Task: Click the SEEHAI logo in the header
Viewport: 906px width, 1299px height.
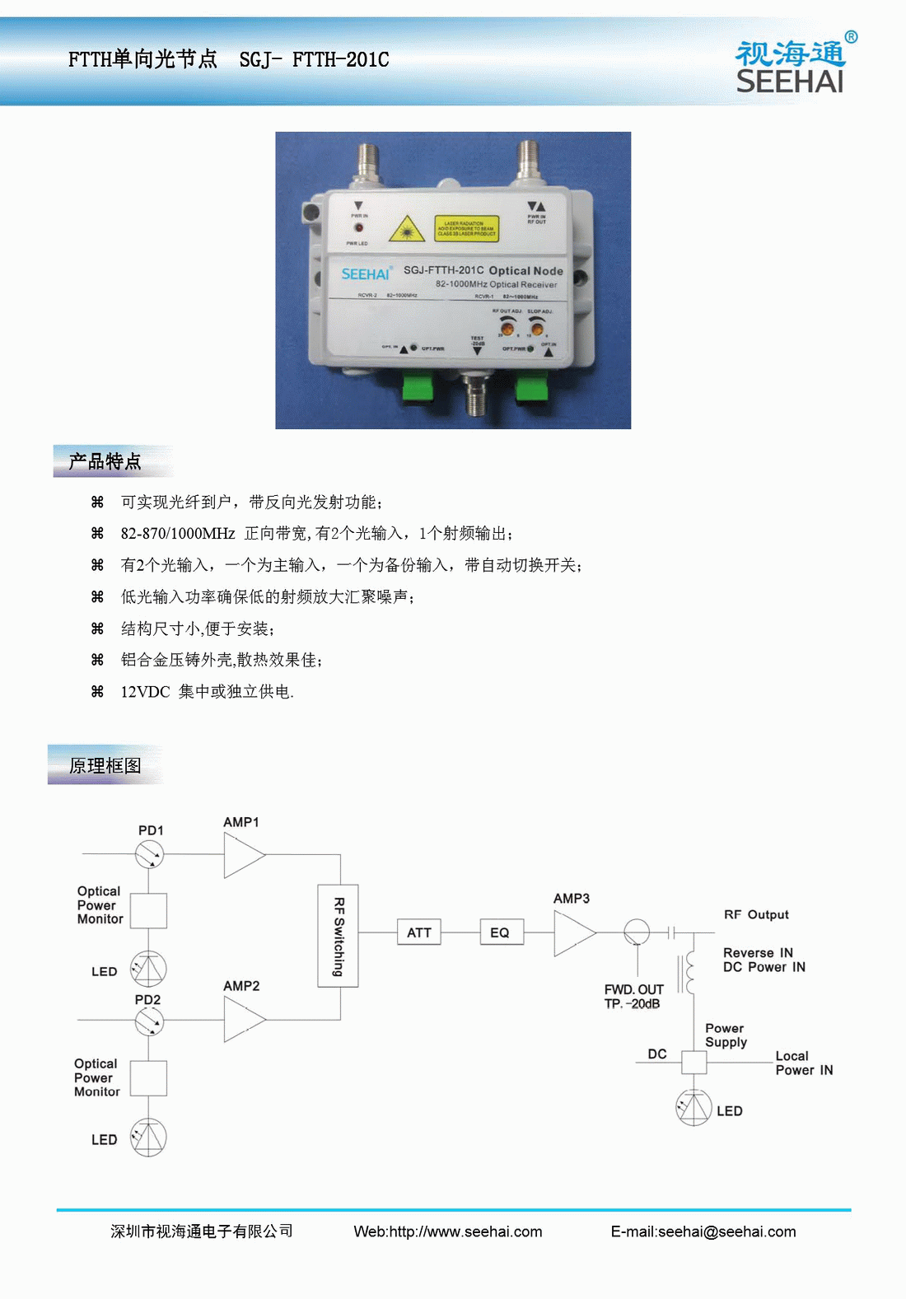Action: pyautogui.click(x=791, y=67)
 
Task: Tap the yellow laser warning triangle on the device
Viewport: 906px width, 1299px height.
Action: pyautogui.click(x=406, y=229)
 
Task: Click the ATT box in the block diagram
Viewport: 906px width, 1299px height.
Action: pyautogui.click(x=419, y=932)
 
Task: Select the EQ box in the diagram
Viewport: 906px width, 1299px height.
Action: pyautogui.click(x=501, y=932)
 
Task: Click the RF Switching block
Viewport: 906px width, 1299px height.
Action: pyautogui.click(x=338, y=936)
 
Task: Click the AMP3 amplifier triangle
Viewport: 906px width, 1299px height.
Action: pyautogui.click(x=572, y=933)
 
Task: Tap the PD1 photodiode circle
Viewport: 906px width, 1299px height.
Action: pyautogui.click(x=149, y=854)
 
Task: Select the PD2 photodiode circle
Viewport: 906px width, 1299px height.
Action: pyautogui.click(x=149, y=1021)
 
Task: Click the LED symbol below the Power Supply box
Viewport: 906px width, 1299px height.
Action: pyautogui.click(x=694, y=1108)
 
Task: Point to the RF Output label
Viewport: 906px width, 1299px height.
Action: pyautogui.click(x=756, y=914)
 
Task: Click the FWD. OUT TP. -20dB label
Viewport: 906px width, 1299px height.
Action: pyautogui.click(x=633, y=997)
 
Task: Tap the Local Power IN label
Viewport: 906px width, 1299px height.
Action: pyautogui.click(x=804, y=1063)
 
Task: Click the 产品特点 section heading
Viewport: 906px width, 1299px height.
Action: pyautogui.click(x=105, y=461)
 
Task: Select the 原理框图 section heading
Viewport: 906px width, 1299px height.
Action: pyautogui.click(x=105, y=766)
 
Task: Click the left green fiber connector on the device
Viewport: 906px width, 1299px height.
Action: pyautogui.click(x=419, y=387)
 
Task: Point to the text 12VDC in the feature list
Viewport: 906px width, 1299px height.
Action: pyautogui.click(x=145, y=692)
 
